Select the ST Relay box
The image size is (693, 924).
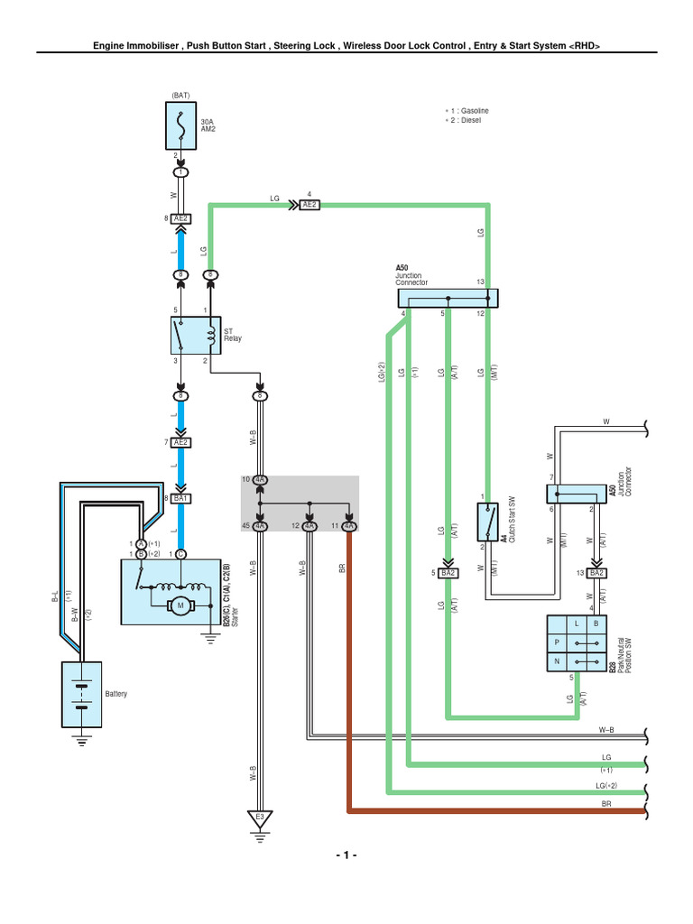195,336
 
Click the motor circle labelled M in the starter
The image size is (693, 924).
180,605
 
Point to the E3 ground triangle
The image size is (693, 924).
259,818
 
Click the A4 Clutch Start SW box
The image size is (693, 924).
490,524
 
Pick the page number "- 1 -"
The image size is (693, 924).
346,855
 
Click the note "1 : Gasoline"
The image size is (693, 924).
469,110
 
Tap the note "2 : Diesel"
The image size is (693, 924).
465,121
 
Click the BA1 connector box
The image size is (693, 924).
180,497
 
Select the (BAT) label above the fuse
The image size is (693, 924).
180,94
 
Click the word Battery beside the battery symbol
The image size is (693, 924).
116,694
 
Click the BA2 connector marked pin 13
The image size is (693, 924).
596,573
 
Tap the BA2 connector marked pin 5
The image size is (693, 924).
448,573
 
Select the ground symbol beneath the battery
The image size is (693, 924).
81,743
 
